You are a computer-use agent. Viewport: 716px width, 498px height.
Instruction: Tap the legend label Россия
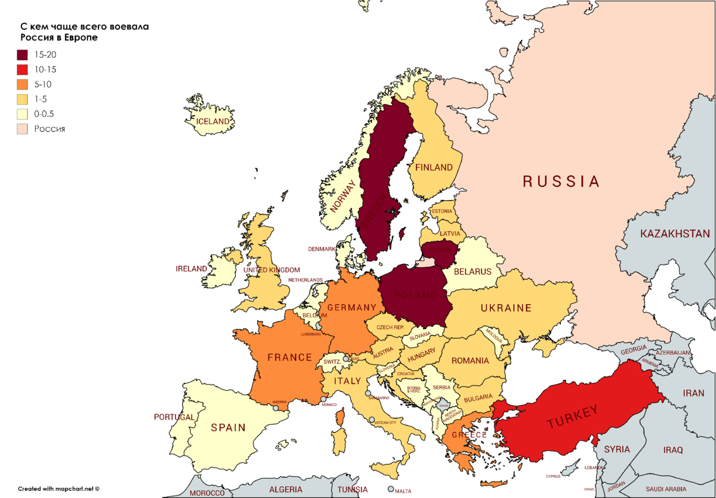[50, 129]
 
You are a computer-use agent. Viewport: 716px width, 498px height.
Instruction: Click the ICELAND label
[214, 121]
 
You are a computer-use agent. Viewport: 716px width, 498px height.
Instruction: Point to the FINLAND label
[434, 168]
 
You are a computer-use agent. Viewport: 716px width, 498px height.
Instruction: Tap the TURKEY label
[572, 416]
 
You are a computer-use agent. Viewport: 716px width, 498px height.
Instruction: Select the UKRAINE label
[506, 308]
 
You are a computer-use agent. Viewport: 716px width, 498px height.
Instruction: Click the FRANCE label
[290, 357]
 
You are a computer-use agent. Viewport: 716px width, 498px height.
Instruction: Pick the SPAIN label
[228, 427]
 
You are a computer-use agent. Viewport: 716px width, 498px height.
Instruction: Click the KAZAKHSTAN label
[675, 234]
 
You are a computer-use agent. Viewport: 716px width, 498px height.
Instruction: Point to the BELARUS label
[473, 271]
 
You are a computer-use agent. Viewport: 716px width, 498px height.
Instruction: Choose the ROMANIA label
[470, 360]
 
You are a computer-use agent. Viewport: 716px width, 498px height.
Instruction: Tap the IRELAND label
[192, 269]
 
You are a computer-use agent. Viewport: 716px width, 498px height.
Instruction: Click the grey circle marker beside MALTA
[390, 489]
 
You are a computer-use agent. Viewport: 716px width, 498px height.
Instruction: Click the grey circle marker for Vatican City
[372, 420]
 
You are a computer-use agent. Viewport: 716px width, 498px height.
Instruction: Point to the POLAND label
[415, 295]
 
